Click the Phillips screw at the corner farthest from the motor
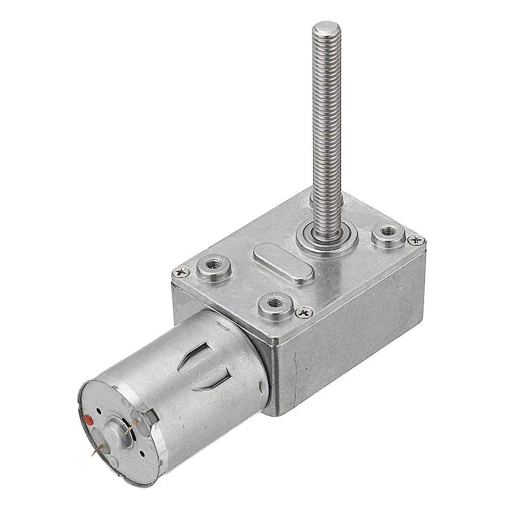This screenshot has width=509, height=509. tap(416, 239)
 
